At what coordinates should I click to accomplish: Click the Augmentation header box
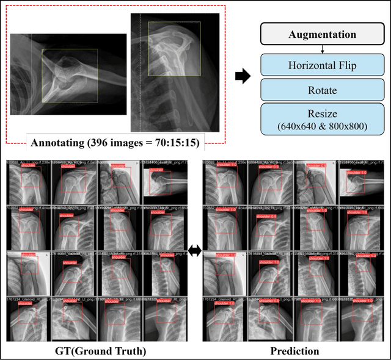322,35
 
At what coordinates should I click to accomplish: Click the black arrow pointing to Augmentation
243,76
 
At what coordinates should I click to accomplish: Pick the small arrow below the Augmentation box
322,49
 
